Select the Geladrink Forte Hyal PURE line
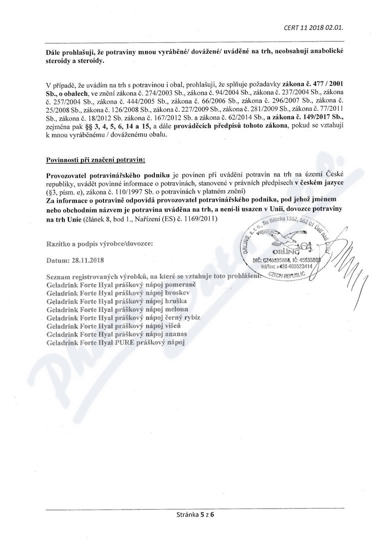[115, 343]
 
